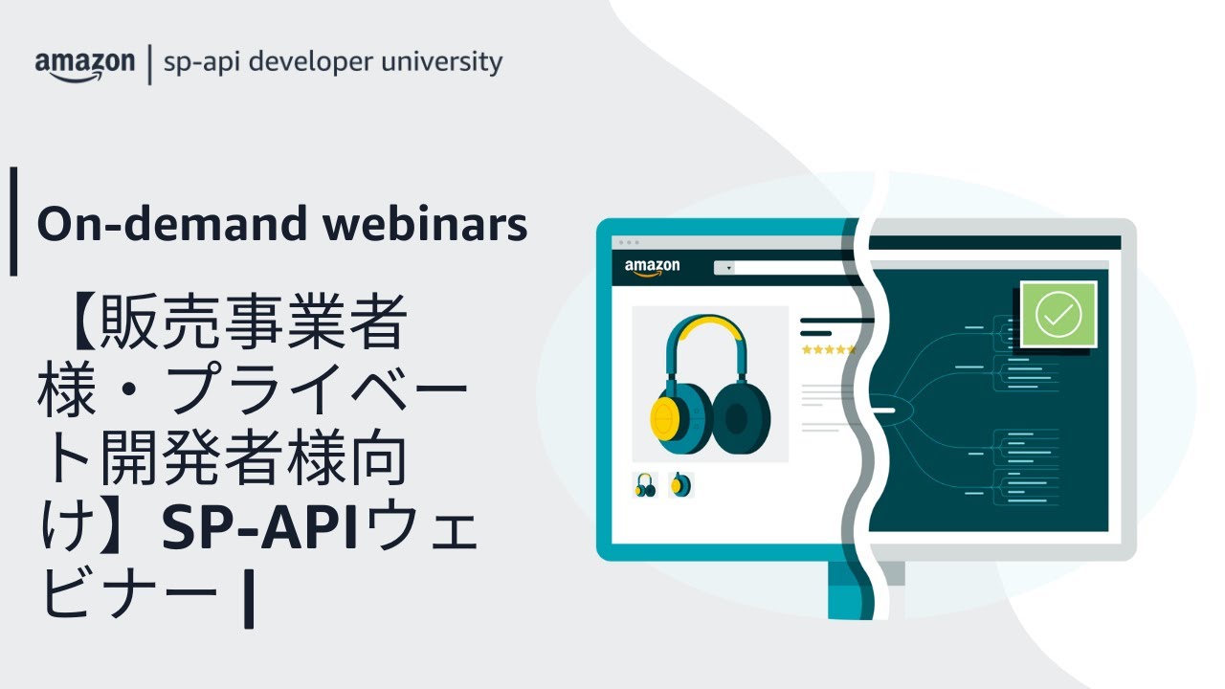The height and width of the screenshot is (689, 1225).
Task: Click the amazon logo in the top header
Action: pyautogui.click(x=84, y=65)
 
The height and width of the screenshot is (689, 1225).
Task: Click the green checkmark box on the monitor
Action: pyautogui.click(x=1058, y=314)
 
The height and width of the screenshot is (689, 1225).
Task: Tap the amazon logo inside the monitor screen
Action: pyautogui.click(x=652, y=267)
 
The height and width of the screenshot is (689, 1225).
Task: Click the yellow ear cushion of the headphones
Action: pyautogui.click(x=666, y=417)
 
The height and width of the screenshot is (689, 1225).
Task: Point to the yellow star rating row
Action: pyautogui.click(x=829, y=350)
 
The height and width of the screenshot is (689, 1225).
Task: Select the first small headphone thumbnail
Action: pyautogui.click(x=646, y=485)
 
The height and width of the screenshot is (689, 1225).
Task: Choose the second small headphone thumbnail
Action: pyautogui.click(x=680, y=485)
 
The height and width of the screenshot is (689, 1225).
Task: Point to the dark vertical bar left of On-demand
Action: pyautogui.click(x=13, y=222)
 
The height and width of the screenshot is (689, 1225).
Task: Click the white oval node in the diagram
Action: pyautogui.click(x=886, y=411)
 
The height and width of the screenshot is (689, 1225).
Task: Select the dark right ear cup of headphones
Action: pyautogui.click(x=736, y=417)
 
